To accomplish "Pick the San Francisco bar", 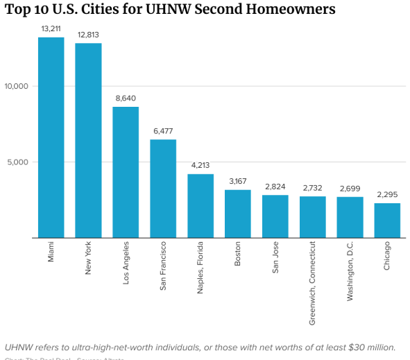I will click(x=163, y=189).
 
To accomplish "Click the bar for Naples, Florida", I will click(x=200, y=206).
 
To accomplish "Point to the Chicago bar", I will click(x=387, y=220).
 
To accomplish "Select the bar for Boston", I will click(x=238, y=214).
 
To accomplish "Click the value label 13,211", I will click(x=51, y=29).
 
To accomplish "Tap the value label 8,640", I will click(x=126, y=98).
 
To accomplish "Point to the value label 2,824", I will click(x=275, y=187).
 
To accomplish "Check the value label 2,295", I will click(x=387, y=195).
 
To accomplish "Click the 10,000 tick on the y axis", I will click(x=15, y=86).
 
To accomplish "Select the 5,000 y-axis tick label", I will click(x=17, y=162).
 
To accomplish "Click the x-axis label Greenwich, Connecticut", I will click(x=313, y=273).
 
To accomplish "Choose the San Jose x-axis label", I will click(x=275, y=258).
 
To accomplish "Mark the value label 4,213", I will click(x=200, y=166).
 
